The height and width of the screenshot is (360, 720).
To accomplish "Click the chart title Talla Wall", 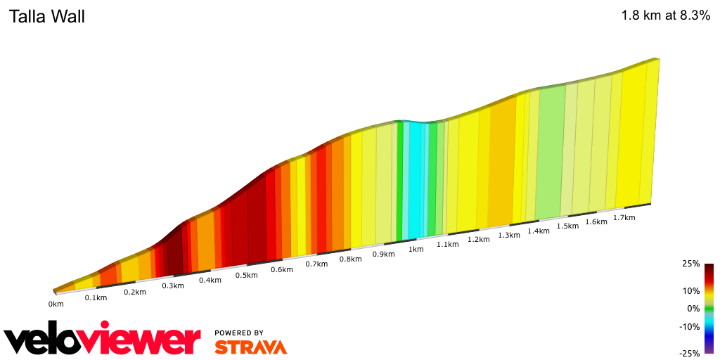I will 46,17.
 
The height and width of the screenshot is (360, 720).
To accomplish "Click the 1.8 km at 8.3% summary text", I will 665,16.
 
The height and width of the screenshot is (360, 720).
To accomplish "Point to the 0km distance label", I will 56,304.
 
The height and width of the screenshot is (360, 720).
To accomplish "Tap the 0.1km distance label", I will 96,297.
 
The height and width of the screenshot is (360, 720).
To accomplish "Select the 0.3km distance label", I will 173,285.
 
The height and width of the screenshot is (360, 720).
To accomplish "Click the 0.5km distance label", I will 246,275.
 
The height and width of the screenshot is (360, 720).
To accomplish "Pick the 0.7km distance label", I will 316,264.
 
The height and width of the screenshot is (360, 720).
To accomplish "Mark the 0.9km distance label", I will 383,254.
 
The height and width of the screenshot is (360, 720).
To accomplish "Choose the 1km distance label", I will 416,249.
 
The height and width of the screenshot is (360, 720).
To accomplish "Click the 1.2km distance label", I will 478,239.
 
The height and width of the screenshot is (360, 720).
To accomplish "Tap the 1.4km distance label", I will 538,231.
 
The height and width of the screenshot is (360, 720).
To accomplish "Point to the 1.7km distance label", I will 624,217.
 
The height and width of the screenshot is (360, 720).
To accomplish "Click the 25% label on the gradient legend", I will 690,264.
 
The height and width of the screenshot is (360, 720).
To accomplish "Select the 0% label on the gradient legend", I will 693,308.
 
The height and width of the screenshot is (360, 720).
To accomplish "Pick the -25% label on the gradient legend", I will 690,353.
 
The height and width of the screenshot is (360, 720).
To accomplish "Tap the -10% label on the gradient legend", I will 690,326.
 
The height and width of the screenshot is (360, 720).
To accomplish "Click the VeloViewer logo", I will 103,340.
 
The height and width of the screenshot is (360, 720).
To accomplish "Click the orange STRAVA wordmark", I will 250,347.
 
